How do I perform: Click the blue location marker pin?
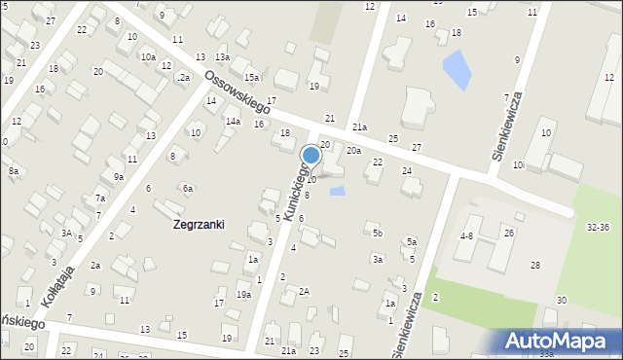click(311, 155)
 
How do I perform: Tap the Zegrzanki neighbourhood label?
click(198, 224)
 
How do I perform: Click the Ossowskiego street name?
click(238, 91)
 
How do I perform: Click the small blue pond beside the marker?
click(337, 191)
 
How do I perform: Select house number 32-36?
click(599, 227)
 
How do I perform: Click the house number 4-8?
click(467, 235)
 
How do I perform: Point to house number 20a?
click(353, 151)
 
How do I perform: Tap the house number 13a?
click(222, 58)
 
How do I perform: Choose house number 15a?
click(251, 77)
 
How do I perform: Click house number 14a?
click(233, 122)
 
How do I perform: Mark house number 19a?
click(243, 294)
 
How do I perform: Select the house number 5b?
click(378, 234)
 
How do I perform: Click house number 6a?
click(188, 188)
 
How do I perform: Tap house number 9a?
click(118, 177)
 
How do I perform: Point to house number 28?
click(534, 266)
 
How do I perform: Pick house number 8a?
click(14, 171)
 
